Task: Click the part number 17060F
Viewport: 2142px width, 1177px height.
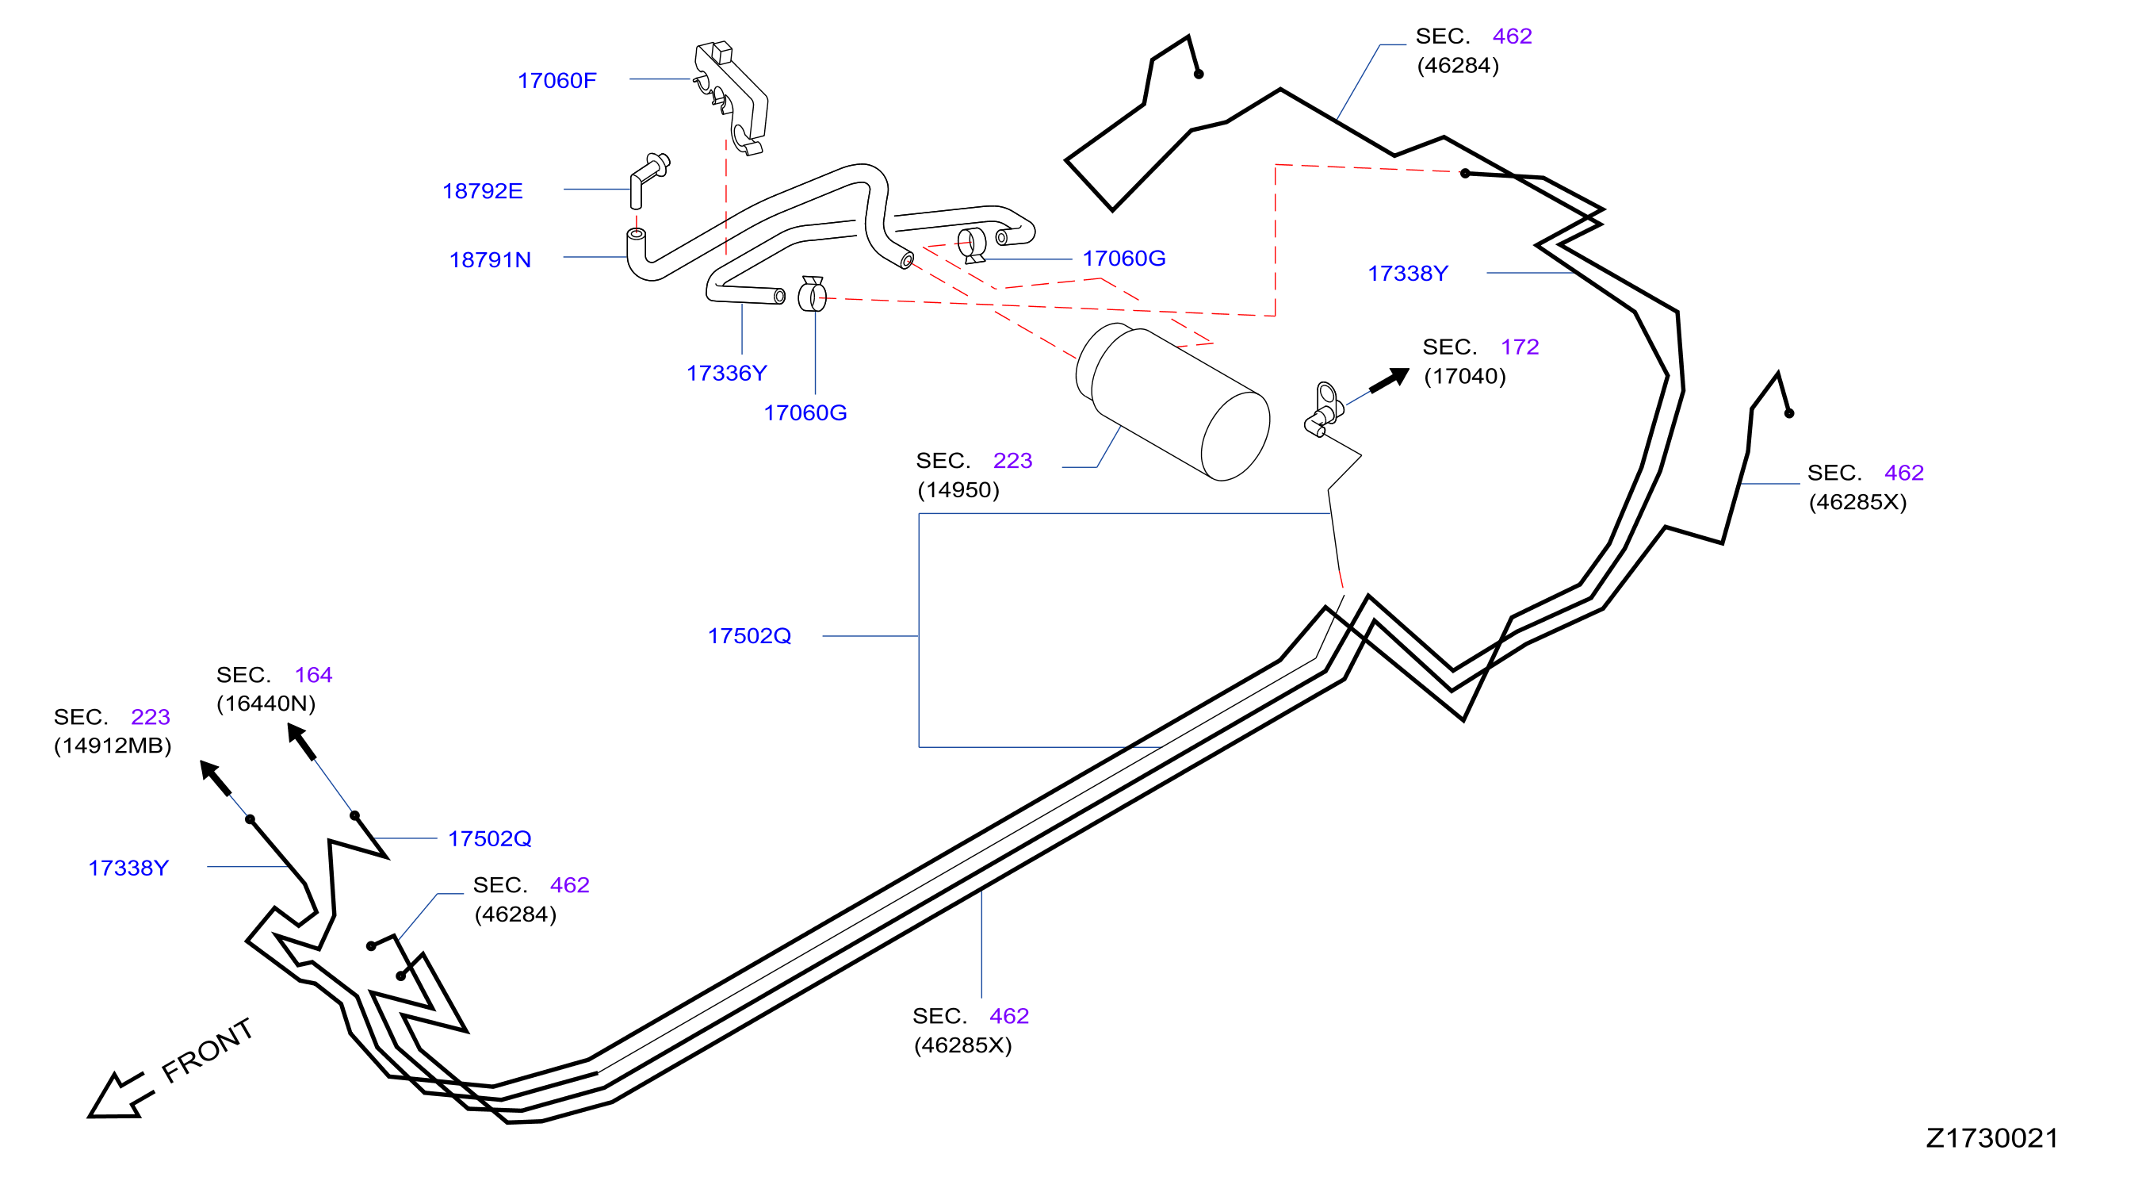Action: pyautogui.click(x=557, y=81)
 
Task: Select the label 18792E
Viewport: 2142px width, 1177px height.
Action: pyautogui.click(x=482, y=191)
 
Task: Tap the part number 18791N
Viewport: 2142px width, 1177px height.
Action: pyautogui.click(x=490, y=260)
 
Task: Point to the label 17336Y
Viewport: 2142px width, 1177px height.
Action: pyautogui.click(x=727, y=374)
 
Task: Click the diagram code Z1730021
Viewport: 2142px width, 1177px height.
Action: pyautogui.click(x=1992, y=1138)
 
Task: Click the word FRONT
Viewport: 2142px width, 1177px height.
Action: pyautogui.click(x=207, y=1051)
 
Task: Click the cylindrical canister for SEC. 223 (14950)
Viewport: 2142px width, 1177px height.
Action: pyautogui.click(x=1172, y=402)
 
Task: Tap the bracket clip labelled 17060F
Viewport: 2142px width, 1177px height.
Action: pyautogui.click(x=731, y=98)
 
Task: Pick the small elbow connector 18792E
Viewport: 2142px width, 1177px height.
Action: pyautogui.click(x=648, y=178)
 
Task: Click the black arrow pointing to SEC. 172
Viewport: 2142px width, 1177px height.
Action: pyautogui.click(x=1390, y=380)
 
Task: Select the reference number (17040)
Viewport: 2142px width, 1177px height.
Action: pyautogui.click(x=1465, y=377)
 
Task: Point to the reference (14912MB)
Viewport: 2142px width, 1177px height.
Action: pyautogui.click(x=113, y=746)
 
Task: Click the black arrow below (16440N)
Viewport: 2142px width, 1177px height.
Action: pyautogui.click(x=301, y=741)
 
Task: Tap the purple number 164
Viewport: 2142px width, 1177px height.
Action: pyautogui.click(x=313, y=676)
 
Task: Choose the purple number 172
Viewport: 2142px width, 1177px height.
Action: pyautogui.click(x=1520, y=347)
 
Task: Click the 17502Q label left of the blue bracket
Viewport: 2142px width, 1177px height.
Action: pyautogui.click(x=749, y=636)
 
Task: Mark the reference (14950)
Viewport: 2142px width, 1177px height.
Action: pyautogui.click(x=958, y=490)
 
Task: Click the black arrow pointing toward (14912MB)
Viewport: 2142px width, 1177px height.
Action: pyautogui.click(x=216, y=778)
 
